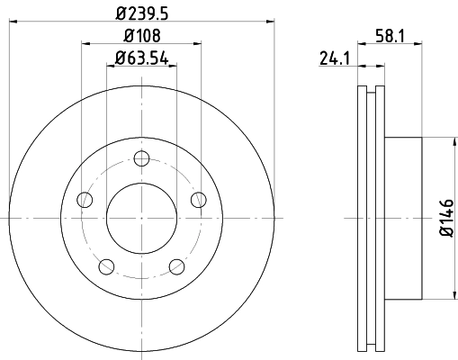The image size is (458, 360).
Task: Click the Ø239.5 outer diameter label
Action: (x=141, y=13)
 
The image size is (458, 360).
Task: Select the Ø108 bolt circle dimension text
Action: (x=141, y=38)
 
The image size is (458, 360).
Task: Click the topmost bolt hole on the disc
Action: (x=141, y=159)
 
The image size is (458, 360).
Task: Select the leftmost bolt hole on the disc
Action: (x=85, y=199)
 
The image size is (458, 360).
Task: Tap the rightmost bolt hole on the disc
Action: (x=199, y=199)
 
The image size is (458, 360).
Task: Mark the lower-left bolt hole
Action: (x=106, y=265)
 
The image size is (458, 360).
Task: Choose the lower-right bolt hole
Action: (x=176, y=265)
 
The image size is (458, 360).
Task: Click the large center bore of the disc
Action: (x=141, y=218)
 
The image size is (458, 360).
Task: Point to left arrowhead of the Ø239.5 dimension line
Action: (x=13, y=22)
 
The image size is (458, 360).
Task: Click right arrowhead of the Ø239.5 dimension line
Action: (x=269, y=22)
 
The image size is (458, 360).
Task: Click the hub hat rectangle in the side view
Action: (x=402, y=218)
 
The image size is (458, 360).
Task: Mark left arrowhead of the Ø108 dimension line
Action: (x=85, y=44)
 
